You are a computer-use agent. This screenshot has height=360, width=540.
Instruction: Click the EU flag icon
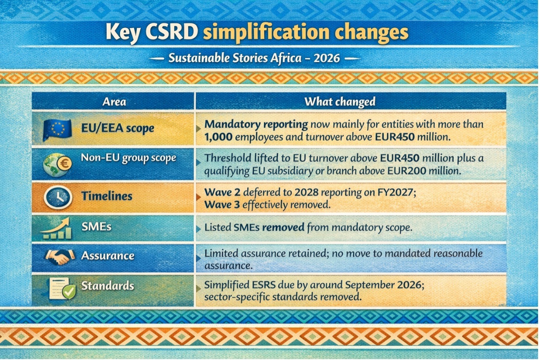[57, 130]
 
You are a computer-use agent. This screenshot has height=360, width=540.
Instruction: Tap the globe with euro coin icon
[57, 164]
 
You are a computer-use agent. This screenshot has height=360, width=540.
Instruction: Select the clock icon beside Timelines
[58, 197]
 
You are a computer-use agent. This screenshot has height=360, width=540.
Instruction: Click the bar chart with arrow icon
[56, 228]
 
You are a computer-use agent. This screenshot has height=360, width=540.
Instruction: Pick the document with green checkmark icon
[62, 288]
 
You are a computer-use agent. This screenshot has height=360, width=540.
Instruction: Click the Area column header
[114, 102]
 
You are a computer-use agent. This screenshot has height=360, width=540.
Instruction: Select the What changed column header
[340, 102]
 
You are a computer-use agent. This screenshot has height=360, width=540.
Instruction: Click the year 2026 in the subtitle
[327, 58]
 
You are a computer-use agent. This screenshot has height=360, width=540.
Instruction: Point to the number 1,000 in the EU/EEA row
[218, 137]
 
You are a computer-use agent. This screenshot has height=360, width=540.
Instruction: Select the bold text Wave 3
[222, 205]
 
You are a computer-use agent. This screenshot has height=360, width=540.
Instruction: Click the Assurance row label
[108, 256]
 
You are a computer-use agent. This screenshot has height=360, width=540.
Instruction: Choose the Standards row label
[108, 286]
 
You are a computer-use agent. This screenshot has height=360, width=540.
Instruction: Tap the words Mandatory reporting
[256, 125]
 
